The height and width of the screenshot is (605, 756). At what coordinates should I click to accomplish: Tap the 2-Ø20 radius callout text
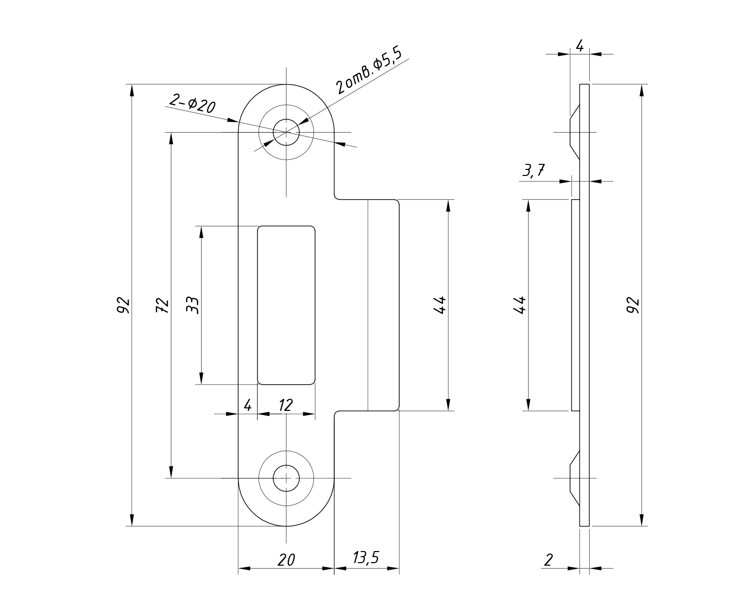click(192, 103)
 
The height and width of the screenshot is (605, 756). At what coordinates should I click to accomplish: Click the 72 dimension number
click(162, 305)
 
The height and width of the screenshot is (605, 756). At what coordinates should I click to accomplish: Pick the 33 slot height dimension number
click(193, 305)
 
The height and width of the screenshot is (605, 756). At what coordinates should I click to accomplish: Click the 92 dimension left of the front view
click(123, 305)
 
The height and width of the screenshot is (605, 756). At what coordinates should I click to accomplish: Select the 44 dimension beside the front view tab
click(439, 305)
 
